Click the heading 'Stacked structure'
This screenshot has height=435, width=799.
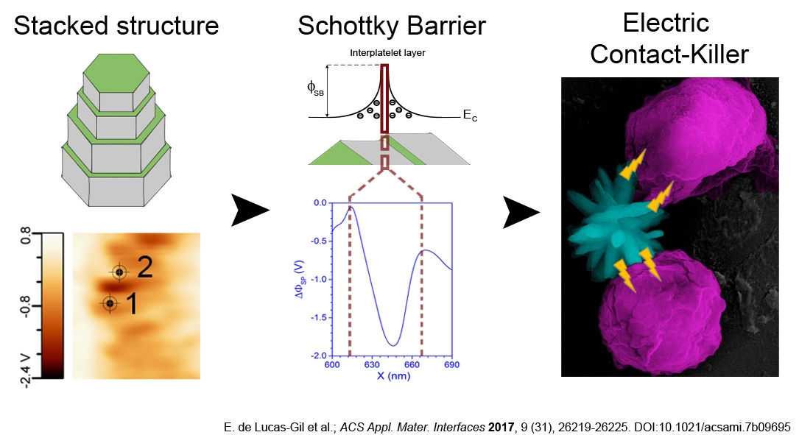tap(116, 26)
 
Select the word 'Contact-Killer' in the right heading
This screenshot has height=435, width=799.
tap(669, 54)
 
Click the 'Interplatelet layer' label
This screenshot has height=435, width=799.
tap(387, 52)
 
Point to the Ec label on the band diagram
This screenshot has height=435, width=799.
tap(470, 116)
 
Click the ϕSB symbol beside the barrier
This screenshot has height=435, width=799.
tap(315, 88)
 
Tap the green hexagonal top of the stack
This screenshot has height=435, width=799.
tap(116, 74)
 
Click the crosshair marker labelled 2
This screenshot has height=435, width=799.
tap(119, 272)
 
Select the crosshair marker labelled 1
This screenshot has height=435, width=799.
tap(110, 304)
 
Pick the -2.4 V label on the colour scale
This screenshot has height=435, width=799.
tap(26, 366)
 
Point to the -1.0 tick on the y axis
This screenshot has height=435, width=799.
tap(319, 279)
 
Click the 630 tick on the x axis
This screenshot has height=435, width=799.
tap(372, 364)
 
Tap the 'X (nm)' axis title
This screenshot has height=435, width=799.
tap(393, 376)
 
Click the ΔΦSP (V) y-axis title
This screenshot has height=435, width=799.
tap(300, 279)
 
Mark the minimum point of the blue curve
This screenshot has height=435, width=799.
tap(393, 346)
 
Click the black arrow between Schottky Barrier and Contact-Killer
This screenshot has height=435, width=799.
tap(521, 211)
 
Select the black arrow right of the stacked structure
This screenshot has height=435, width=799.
tap(250, 210)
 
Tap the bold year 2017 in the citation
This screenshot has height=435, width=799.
tap(501, 427)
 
